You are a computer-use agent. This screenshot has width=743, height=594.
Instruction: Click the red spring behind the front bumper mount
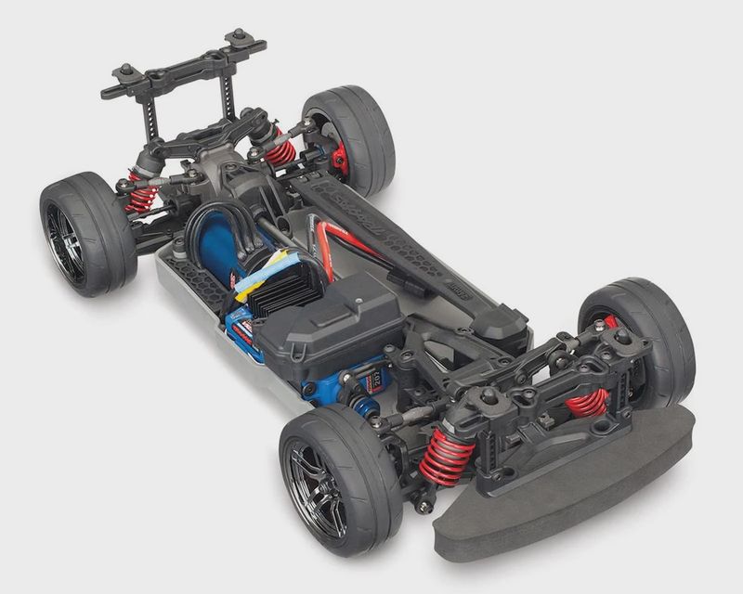[x=587, y=402]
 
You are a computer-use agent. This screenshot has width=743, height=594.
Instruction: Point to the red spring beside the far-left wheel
[x=142, y=194]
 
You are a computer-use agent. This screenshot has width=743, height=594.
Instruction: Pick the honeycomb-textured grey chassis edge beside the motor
[x=190, y=278]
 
